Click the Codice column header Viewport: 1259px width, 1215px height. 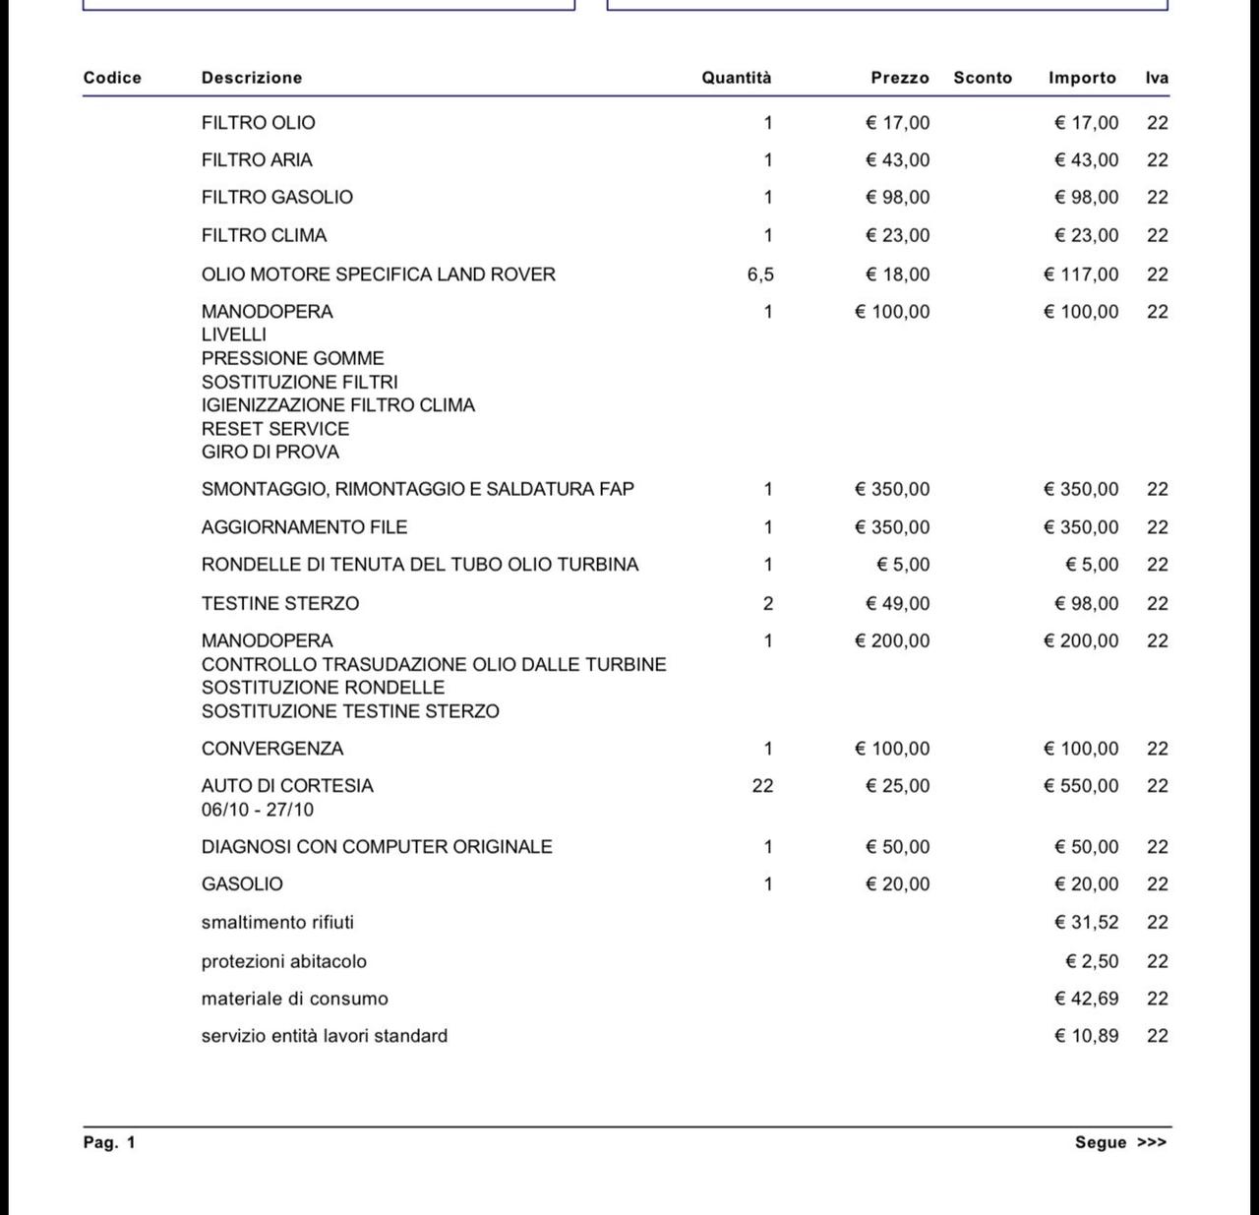tap(112, 78)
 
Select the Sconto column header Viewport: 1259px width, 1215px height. tap(982, 78)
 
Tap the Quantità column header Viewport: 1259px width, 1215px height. tap(736, 78)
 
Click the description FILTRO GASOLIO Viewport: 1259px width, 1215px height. tap(276, 197)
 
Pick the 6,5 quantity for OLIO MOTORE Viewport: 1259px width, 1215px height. tap(760, 274)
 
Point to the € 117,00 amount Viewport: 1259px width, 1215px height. tap(1081, 274)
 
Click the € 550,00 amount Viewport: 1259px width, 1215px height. tap(1081, 786)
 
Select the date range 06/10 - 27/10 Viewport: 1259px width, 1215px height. tap(257, 810)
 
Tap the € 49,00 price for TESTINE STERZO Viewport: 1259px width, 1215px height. tap(897, 603)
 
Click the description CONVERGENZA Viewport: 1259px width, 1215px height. tap(272, 749)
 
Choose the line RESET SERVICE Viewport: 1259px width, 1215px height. tap(274, 429)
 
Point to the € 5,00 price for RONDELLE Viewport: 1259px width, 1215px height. tap(903, 565)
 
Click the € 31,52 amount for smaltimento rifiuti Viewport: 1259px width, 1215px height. tap(1086, 923)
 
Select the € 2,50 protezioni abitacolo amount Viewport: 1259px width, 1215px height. tap(1092, 961)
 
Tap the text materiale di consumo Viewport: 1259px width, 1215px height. tap(294, 999)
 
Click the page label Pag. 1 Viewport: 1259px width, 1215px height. tap(109, 1142)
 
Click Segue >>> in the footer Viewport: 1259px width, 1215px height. tap(1120, 1142)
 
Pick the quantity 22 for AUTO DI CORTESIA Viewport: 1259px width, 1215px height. tap(762, 786)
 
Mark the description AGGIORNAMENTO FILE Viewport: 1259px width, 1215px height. tap(304, 527)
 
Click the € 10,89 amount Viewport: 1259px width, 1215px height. tap(1086, 1036)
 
